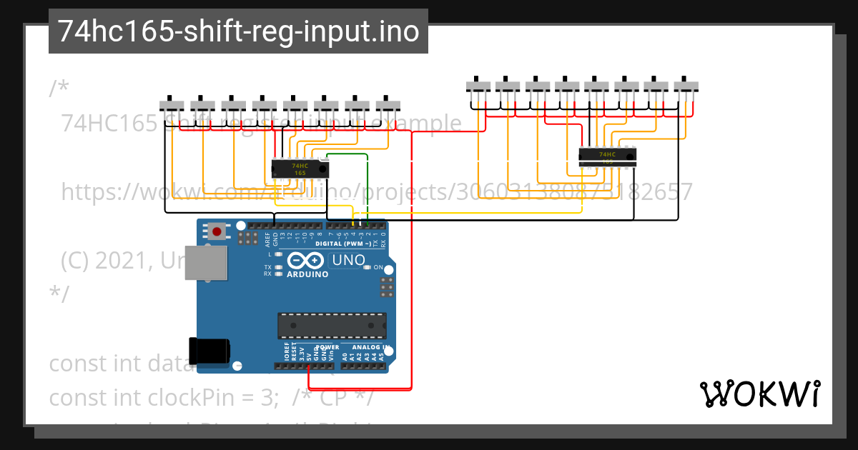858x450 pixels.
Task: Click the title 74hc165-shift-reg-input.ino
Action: click(238, 31)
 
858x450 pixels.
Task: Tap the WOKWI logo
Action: click(760, 394)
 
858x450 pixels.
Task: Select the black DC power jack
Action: click(209, 351)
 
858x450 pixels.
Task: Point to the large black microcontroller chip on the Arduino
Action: click(332, 325)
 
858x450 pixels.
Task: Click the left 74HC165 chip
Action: click(300, 169)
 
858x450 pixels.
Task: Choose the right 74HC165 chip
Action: click(606, 156)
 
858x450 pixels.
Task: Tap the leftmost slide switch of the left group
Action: click(172, 104)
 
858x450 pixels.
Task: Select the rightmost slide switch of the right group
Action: click(686, 86)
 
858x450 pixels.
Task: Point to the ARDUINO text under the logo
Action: click(307, 274)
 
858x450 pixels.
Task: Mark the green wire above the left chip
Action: click(347, 154)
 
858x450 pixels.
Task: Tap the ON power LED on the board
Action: click(368, 267)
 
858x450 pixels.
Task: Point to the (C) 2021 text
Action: click(107, 261)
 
